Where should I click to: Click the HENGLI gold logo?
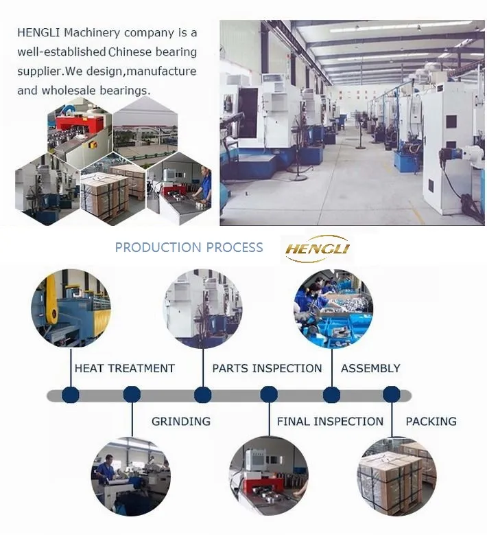[x=318, y=248]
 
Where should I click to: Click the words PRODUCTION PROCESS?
[x=189, y=247]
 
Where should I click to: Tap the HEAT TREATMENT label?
[x=124, y=368]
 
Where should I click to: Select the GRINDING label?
[x=180, y=421]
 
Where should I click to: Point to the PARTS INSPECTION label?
[x=267, y=368]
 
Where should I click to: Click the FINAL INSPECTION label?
[x=330, y=421]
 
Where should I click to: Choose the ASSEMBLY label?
[x=370, y=368]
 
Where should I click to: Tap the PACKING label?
[x=431, y=421]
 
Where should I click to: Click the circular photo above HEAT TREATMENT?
[x=71, y=308]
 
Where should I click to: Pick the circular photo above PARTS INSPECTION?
[x=202, y=308]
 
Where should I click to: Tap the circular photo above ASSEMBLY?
[x=333, y=308]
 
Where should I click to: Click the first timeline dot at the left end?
[x=70, y=395]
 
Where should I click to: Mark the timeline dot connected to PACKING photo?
[x=392, y=395]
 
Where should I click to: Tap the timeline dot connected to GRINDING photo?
[x=132, y=395]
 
